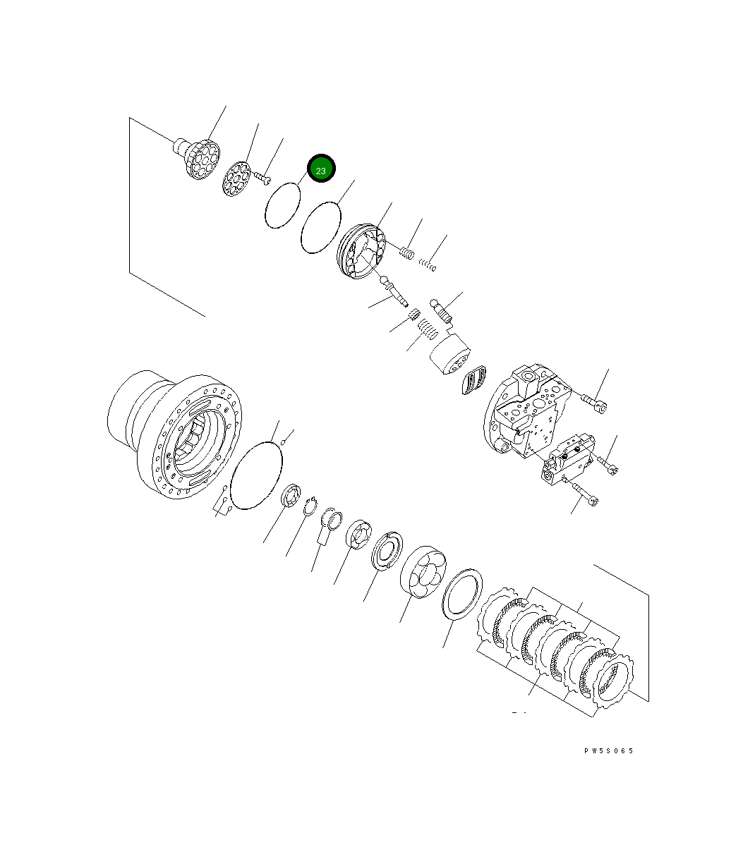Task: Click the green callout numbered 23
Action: pos(321,170)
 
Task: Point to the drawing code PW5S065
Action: pos(608,750)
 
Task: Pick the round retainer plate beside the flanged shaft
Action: pos(236,178)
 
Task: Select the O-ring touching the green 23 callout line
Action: pos(283,205)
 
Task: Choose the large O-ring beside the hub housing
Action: pos(256,475)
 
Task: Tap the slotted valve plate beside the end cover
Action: pos(474,381)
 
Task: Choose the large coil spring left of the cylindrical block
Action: pos(425,328)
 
